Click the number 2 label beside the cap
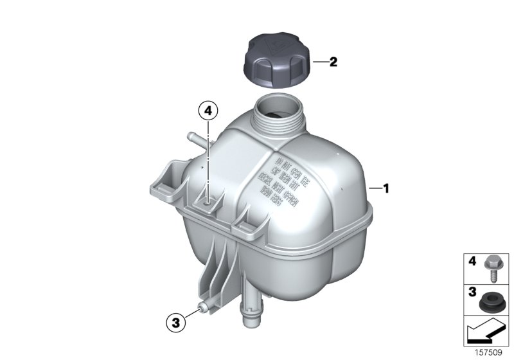point(333,62)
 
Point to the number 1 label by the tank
point(386,188)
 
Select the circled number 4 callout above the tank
point(207,111)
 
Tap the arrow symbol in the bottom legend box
point(486,332)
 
